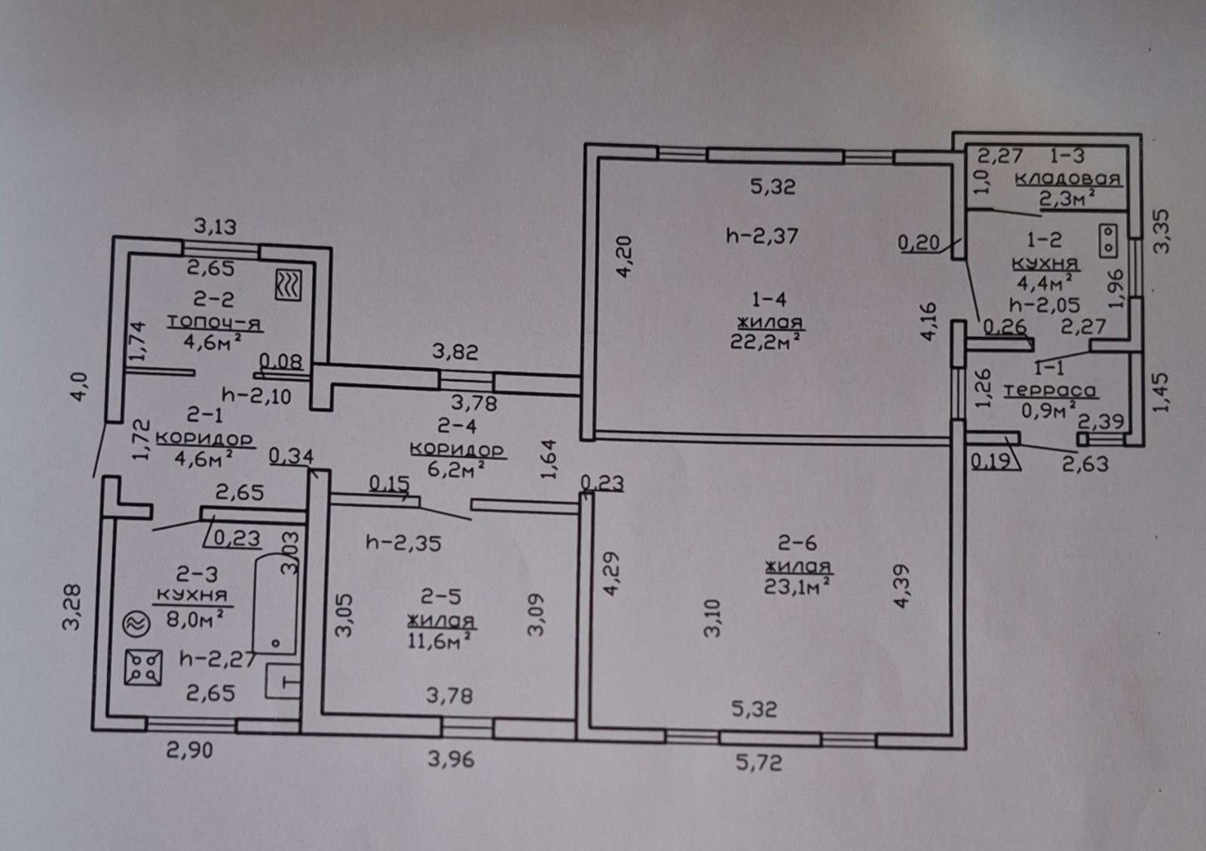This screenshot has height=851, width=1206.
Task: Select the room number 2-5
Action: tap(441, 598)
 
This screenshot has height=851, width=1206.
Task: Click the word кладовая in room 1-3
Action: tap(1068, 179)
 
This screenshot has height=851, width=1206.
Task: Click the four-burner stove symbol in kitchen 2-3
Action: tap(143, 668)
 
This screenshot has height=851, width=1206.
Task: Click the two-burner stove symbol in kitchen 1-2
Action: tap(1109, 239)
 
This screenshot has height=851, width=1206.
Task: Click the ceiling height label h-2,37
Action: tap(762, 236)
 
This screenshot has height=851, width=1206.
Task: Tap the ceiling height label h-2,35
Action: tap(403, 542)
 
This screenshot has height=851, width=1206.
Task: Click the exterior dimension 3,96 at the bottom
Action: tap(451, 759)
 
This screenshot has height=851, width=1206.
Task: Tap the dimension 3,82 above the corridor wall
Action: tap(455, 352)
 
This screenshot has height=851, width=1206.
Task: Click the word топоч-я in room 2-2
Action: tap(214, 323)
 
